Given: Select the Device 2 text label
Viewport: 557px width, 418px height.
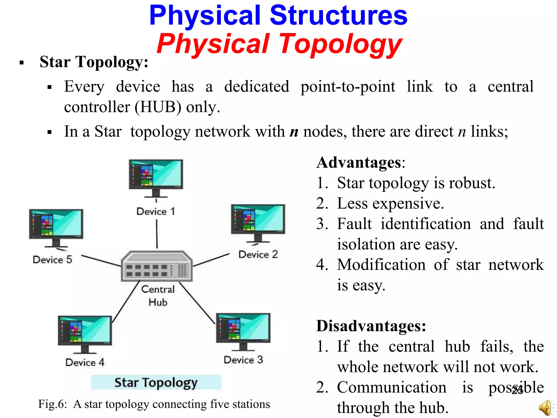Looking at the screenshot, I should pos(258,254).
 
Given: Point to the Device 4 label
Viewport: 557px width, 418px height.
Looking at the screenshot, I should pos(85,362).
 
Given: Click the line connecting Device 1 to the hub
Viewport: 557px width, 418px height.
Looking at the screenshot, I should pos(157,234).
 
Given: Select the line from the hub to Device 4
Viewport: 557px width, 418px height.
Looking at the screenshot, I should pos(126,302).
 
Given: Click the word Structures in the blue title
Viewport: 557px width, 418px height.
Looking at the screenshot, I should pos(339,16).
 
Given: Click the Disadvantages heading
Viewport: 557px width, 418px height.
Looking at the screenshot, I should pos(371,326).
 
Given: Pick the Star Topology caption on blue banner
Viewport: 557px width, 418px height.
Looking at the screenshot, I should pos(156,383).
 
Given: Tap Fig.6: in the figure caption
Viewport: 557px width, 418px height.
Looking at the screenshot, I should pos(52,404).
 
